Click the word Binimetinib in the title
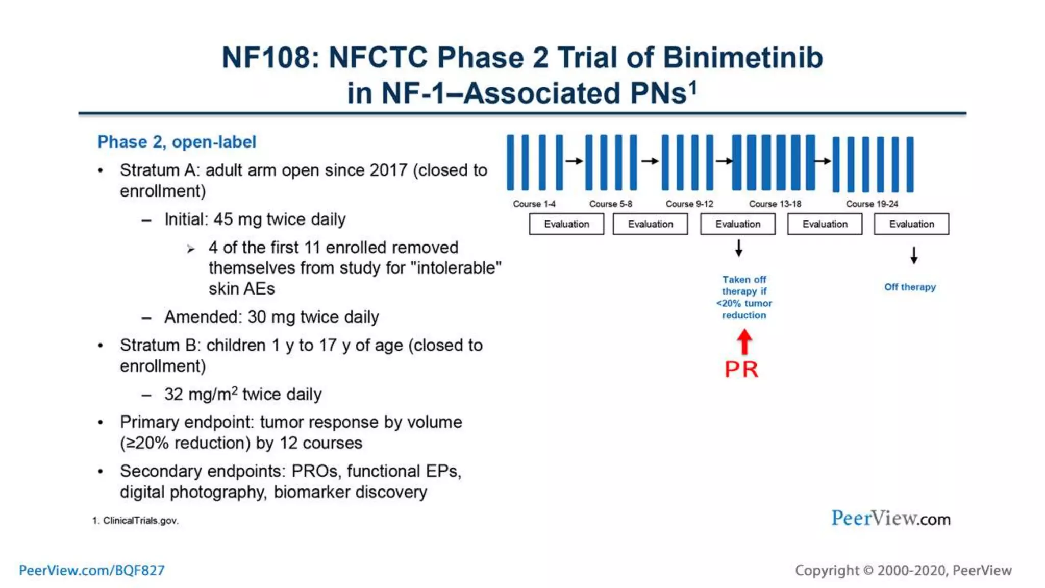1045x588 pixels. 742,57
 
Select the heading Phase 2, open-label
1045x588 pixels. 177,142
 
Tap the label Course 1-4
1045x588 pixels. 534,204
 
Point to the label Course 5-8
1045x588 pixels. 610,204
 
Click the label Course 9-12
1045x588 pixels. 689,204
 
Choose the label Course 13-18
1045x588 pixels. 775,204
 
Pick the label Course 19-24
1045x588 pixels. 872,204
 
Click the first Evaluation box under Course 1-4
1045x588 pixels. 566,224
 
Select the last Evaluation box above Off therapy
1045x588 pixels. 911,224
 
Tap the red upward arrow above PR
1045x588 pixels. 744,341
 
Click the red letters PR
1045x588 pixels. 741,369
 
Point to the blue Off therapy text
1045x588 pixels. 910,287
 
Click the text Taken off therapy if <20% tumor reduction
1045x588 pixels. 744,297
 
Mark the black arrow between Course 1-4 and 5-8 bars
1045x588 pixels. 574,161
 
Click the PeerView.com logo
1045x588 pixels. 890,519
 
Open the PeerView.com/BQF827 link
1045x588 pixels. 92,570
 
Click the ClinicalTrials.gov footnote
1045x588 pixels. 136,521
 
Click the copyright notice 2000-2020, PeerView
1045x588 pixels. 903,570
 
